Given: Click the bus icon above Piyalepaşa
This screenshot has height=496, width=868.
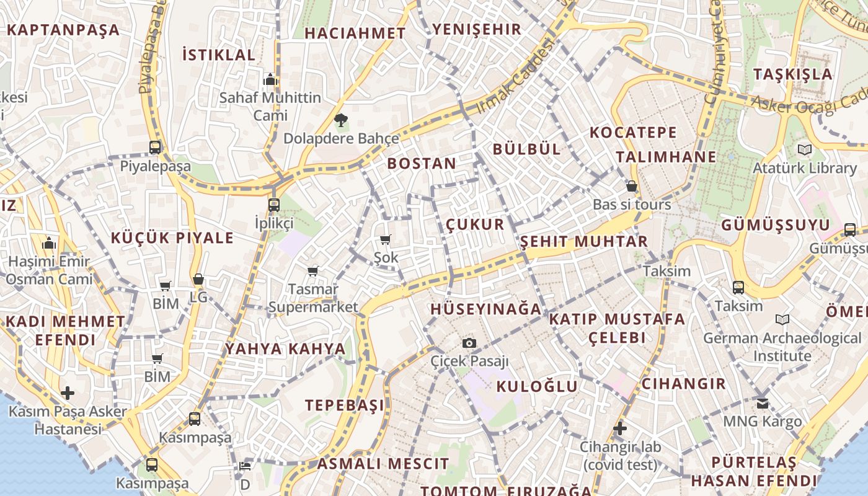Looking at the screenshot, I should tap(155, 148).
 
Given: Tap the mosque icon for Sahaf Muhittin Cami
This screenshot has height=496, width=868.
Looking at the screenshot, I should tap(270, 79).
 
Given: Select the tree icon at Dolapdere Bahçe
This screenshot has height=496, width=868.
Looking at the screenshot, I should tap(340, 120).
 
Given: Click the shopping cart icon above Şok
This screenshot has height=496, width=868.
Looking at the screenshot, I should tap(386, 239).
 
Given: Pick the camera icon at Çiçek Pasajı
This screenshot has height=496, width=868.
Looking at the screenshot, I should tap(469, 343).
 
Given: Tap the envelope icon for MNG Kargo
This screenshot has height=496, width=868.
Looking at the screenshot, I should tap(763, 404).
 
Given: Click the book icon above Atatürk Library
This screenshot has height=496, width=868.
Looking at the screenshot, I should tap(804, 149).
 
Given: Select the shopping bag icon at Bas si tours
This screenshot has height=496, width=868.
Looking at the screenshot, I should tap(631, 186).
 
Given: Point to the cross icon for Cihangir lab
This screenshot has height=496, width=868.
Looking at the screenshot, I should tap(619, 428).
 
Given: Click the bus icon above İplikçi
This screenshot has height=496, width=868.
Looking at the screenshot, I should tap(274, 205).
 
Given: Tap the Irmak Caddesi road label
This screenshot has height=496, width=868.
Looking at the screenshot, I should tap(514, 77).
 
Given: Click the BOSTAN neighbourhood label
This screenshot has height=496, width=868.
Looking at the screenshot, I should tap(422, 164).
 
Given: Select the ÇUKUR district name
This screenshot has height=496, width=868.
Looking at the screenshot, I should tap(475, 224).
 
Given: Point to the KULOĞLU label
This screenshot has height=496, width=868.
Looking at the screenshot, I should tap(537, 386).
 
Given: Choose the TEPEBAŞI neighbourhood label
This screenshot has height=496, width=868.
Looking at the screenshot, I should tap(345, 405).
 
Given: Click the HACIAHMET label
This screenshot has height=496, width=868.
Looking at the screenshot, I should tap(355, 33).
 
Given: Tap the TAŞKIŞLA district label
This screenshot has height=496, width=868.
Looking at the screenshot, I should tap(793, 74).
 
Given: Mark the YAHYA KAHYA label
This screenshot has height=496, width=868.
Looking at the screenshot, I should tap(285, 348).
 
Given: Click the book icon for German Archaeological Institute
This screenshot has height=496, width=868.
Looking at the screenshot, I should tap(782, 320).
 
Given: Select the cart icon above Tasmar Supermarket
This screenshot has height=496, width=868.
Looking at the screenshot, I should tap(313, 271).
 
